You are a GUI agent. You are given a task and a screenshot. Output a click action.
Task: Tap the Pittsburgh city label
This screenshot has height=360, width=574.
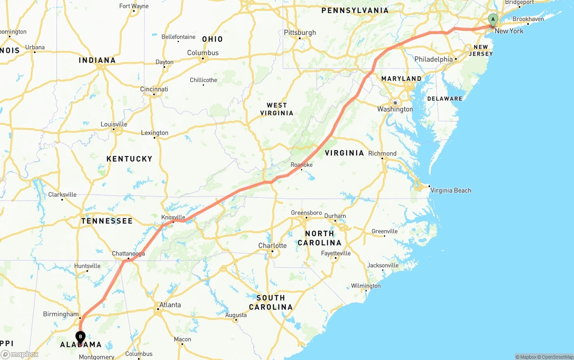click(x=300, y=32)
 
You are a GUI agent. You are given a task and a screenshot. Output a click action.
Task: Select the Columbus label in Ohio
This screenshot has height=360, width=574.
click(x=203, y=52)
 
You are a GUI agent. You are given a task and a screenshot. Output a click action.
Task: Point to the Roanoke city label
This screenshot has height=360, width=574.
click(x=301, y=165)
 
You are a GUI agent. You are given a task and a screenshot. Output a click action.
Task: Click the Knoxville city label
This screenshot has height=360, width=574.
click(x=173, y=217)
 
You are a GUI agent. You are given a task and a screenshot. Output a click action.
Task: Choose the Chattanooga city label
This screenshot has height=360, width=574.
click(x=128, y=254)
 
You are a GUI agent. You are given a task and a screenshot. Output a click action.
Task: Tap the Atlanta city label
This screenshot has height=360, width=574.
click(x=170, y=305)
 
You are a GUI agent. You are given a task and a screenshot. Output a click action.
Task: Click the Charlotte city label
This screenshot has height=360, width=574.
click(x=272, y=245)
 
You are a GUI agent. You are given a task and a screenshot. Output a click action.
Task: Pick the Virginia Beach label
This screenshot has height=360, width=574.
click(x=451, y=190)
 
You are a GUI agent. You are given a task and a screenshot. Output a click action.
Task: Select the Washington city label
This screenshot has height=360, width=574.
click(x=395, y=109)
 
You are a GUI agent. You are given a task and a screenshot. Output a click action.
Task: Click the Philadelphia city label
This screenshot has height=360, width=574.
click(x=434, y=59)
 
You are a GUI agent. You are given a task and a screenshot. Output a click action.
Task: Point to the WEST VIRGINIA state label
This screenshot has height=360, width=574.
click(x=277, y=109)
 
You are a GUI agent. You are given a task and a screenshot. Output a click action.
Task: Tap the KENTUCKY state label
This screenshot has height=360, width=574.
click(x=129, y=159)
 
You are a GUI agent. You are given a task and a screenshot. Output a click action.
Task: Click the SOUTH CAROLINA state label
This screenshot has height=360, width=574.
click(x=270, y=302)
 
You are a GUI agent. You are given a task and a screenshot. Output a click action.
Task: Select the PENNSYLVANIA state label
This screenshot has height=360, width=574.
click(x=355, y=10)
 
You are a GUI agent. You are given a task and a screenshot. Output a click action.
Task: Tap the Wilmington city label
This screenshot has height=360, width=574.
click(x=365, y=286)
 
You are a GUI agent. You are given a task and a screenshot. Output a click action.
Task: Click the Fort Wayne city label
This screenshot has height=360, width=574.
click(x=134, y=6)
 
